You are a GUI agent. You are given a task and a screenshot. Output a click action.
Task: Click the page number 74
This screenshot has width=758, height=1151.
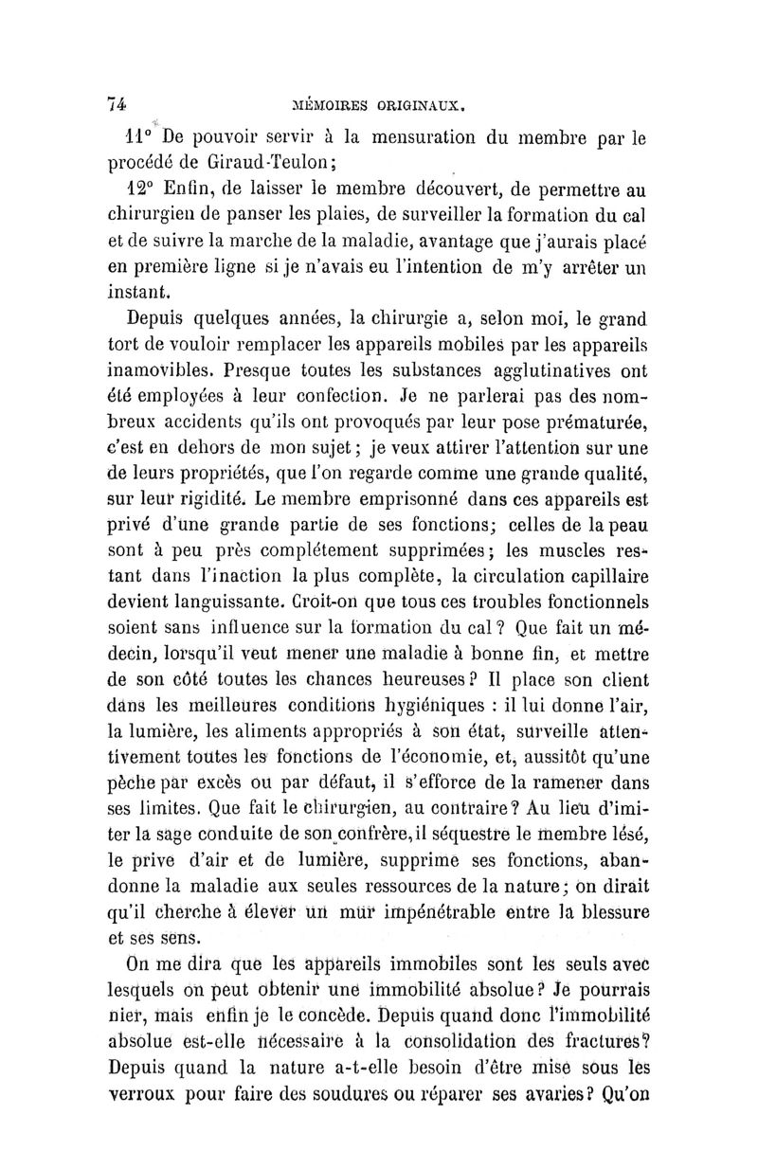[117, 107]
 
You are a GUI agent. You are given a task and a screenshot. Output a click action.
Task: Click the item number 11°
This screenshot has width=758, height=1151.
[143, 136]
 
